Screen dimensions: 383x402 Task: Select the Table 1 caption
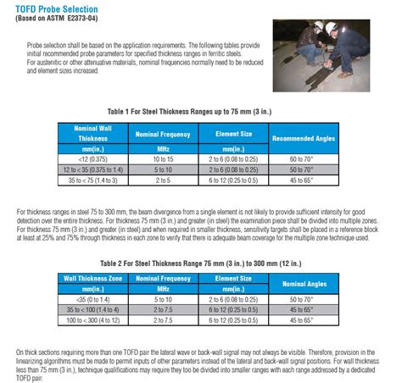click(x=201, y=111)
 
